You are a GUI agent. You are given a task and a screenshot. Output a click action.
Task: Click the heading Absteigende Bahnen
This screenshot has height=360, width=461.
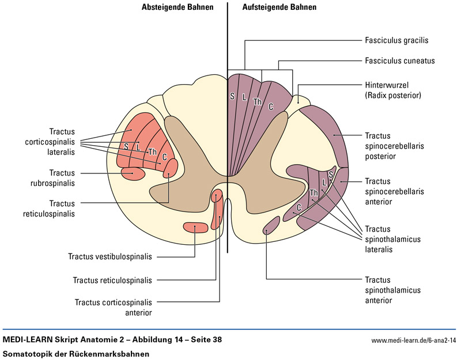coord(177,8)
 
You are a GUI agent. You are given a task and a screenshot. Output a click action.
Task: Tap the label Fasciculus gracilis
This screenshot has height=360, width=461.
coord(396,41)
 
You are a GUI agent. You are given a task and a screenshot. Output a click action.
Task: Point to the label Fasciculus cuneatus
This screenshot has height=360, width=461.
coord(399,60)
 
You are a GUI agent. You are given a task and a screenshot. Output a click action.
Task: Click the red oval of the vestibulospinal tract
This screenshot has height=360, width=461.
coord(195,227)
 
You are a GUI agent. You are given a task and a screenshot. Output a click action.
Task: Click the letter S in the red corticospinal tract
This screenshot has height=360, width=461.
coord(126,146)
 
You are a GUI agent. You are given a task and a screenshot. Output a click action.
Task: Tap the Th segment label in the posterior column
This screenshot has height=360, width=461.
coord(258,102)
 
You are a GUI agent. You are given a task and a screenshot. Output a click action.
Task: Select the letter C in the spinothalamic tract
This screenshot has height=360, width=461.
coord(299,207)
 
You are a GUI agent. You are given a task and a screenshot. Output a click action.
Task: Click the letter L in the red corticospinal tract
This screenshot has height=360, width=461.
coord(138,147)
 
